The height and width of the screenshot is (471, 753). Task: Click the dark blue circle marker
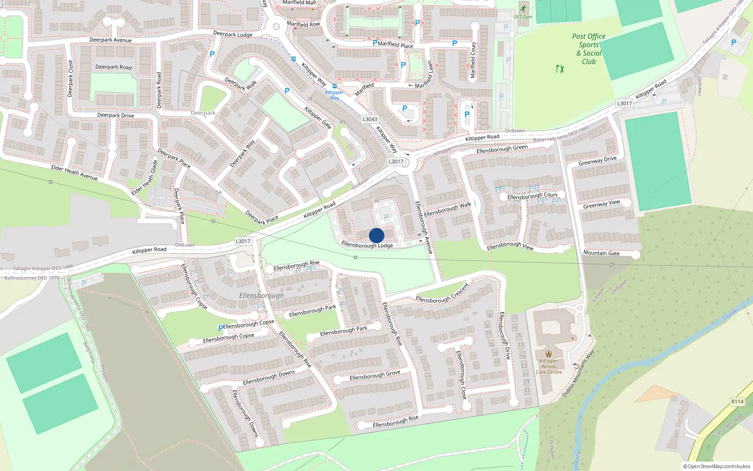[x=376, y=235]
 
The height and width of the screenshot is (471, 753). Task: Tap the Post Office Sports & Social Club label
[x=589, y=49]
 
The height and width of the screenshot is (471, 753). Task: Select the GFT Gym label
[x=522, y=17]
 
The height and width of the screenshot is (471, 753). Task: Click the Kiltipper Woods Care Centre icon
[x=549, y=354]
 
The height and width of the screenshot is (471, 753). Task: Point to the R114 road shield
[x=737, y=402]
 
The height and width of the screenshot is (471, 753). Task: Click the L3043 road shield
[x=370, y=119]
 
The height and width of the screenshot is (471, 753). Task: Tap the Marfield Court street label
[x=473, y=60]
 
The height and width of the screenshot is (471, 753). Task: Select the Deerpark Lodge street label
[x=232, y=34]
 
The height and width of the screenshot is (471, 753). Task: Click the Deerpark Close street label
[x=71, y=79]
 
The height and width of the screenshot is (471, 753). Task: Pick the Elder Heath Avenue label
[x=74, y=172]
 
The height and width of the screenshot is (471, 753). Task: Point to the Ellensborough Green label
[x=502, y=149]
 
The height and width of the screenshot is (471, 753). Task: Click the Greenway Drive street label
[x=597, y=161]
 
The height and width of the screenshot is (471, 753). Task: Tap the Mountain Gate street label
[x=601, y=253]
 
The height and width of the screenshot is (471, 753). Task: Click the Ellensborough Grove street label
[x=375, y=375]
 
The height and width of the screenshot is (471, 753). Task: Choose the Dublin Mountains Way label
[x=578, y=373]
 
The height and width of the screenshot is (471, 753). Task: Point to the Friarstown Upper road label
[x=728, y=425]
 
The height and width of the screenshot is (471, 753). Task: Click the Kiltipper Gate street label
[x=318, y=118]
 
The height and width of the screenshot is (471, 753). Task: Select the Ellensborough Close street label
[x=462, y=375]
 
